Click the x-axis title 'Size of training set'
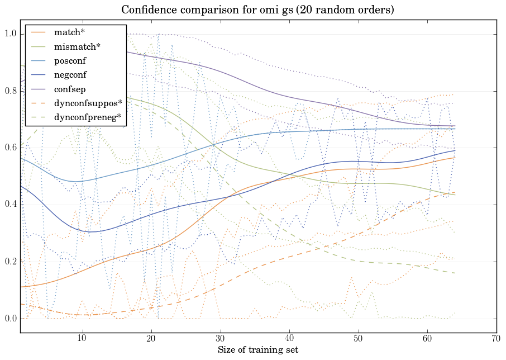[x=257, y=350]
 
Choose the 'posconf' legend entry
[x=70, y=60]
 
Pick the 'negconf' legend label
[x=70, y=74]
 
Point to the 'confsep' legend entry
[x=70, y=88]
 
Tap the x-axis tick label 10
[x=82, y=338]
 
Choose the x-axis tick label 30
[x=220, y=338]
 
